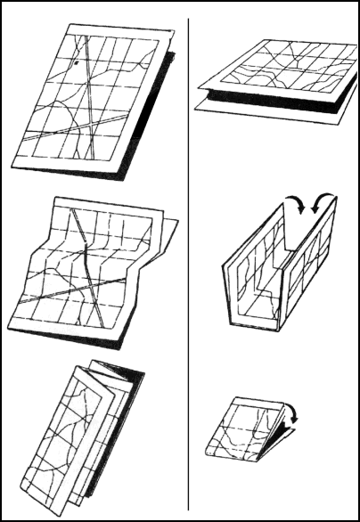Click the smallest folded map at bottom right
click(x=246, y=432)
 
